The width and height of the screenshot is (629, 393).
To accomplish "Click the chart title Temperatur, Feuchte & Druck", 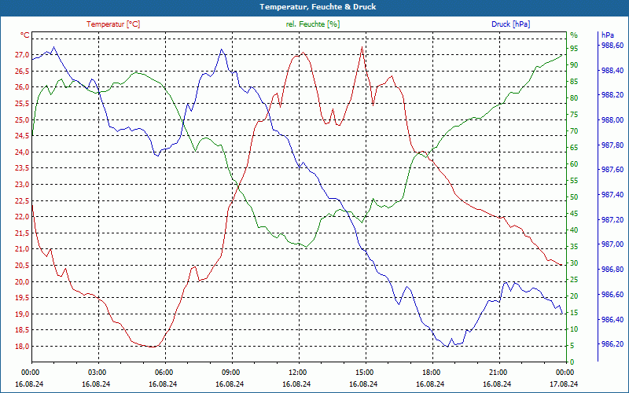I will click(314, 6).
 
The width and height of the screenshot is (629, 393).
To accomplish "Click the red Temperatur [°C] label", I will click(113, 24).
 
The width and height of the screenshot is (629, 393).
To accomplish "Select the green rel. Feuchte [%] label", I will click(313, 24).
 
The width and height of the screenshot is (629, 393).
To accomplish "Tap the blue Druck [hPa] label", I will click(510, 24).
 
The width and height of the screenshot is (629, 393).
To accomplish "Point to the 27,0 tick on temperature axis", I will click(20, 55).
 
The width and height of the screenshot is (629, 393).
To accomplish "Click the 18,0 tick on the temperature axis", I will click(20, 347).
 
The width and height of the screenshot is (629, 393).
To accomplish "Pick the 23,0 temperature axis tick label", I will click(20, 185).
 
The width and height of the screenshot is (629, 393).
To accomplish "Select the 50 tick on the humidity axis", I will click(574, 197).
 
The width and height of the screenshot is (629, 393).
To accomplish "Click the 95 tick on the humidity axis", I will click(574, 49).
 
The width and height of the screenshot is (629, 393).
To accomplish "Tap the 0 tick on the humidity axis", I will click(572, 362).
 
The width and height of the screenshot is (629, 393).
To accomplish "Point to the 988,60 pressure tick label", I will click(612, 46).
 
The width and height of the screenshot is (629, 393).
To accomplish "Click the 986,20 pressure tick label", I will click(612, 344).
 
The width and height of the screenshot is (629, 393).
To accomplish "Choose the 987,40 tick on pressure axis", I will click(612, 195).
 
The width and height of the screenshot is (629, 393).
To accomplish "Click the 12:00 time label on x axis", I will click(298, 372).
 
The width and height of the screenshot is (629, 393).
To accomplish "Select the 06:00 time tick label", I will click(164, 372).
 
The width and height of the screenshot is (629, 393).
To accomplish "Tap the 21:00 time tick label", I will click(498, 372).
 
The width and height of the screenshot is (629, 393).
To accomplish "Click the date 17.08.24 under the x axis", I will click(565, 384).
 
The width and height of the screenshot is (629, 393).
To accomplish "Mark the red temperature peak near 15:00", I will click(362, 47).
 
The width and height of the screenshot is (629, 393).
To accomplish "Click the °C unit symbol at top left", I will click(25, 35).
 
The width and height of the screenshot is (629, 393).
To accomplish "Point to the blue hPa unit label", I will click(608, 35).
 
